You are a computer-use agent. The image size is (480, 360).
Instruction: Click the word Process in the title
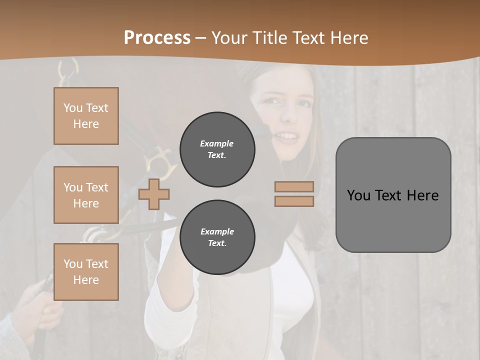[x=157, y=38]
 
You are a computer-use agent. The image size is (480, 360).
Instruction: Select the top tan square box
[x=86, y=116]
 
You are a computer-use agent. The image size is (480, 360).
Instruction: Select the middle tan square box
[x=86, y=195]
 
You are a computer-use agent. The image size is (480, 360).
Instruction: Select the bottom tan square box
[x=86, y=272]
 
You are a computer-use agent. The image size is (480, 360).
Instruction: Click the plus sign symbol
[x=154, y=194]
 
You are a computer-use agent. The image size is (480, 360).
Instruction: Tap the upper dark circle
[x=217, y=149]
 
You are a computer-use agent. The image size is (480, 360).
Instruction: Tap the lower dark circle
[x=217, y=237]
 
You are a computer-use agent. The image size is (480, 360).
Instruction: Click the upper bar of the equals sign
[x=294, y=186]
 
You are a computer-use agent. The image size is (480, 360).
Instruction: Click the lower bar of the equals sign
[x=294, y=201]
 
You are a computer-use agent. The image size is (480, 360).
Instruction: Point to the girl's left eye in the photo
[x=303, y=104]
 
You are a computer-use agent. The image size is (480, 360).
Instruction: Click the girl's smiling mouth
[x=286, y=135]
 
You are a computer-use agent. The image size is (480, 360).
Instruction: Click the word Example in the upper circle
[x=217, y=144]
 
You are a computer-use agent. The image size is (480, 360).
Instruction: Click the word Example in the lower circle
[x=217, y=232]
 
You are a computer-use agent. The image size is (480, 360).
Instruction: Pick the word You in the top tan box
[x=72, y=108]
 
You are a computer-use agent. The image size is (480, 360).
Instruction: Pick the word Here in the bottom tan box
[x=86, y=280]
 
